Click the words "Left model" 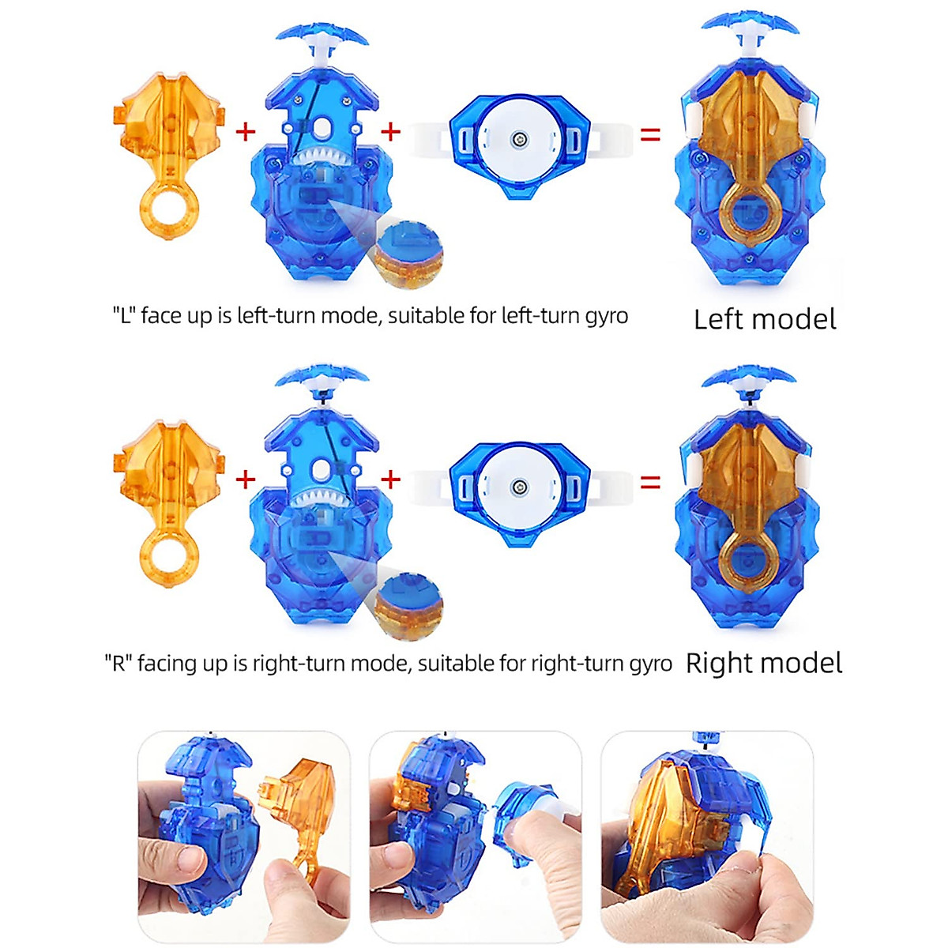pyautogui.click(x=764, y=319)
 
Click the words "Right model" pyautogui.click(x=763, y=663)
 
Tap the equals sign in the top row pyautogui.click(x=650, y=135)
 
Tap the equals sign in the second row pyautogui.click(x=650, y=480)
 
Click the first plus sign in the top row pyautogui.click(x=246, y=131)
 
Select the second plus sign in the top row pyautogui.click(x=391, y=131)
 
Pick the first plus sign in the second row pyautogui.click(x=246, y=479)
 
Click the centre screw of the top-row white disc pyautogui.click(x=519, y=140)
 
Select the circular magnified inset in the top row pyautogui.click(x=409, y=254)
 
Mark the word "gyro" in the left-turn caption pyautogui.click(x=606, y=317)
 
